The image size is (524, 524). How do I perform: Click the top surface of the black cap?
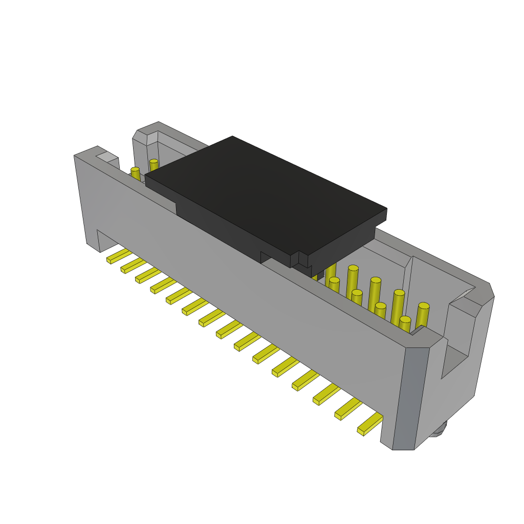click(266, 194)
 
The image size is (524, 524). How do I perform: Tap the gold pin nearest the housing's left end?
click(135, 174)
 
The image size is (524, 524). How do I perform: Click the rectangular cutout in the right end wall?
click(454, 361)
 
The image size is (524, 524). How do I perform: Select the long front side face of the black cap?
click(230, 220)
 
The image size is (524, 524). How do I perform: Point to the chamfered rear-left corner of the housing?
click(146, 132)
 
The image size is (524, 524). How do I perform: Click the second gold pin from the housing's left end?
click(154, 166)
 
